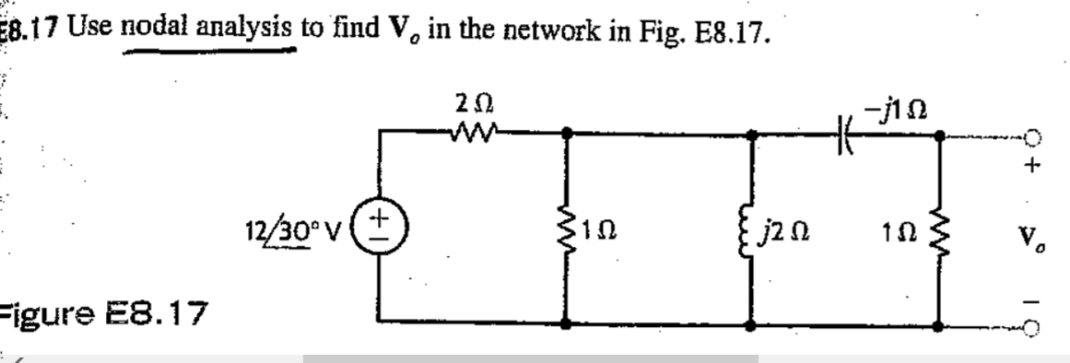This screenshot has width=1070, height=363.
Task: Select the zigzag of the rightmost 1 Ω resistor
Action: [939, 228]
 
